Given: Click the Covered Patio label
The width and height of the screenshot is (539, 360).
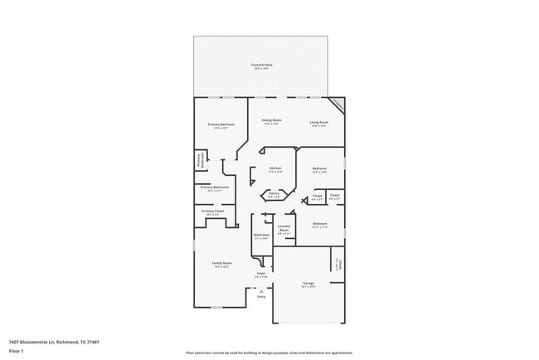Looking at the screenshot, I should point(262,65).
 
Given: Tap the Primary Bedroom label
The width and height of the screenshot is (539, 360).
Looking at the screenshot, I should point(221,125).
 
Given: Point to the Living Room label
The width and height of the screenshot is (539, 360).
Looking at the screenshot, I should point(319,121).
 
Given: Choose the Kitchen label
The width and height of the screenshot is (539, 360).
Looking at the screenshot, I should point(275,168).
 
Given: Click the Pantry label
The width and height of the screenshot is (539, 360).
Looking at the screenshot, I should point(274,194).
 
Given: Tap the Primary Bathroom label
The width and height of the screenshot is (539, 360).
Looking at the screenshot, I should point(214,187).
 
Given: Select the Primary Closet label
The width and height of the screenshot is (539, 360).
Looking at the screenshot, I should point(213,212).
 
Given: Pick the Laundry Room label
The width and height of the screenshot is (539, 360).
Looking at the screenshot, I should point(284,228).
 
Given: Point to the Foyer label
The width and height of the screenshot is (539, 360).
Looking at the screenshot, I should point(260,273).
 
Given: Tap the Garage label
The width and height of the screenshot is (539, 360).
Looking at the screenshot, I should point(308,284).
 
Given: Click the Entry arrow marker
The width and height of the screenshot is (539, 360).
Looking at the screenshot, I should point(261,291).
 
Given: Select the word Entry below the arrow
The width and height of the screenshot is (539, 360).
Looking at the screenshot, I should point(261,297).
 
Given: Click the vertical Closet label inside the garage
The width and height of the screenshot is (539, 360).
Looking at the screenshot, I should point(337,264).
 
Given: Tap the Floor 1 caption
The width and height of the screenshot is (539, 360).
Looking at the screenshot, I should point(17,351).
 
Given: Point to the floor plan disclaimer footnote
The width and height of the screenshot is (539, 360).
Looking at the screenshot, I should point(269,353).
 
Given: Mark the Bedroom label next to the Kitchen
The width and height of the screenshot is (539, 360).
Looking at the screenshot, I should point(320,168).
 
